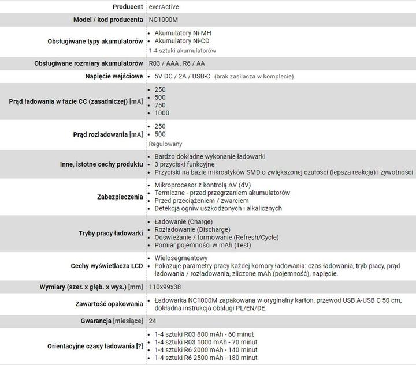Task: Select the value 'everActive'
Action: coord(165,6)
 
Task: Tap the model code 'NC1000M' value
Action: coord(164,19)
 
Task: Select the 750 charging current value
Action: coord(160,105)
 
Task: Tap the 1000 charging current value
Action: coord(162,113)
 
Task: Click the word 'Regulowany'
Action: coord(165,144)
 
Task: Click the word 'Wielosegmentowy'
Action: coord(181,258)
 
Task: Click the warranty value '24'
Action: coord(153,321)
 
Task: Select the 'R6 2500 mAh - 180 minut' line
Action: coord(206,358)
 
